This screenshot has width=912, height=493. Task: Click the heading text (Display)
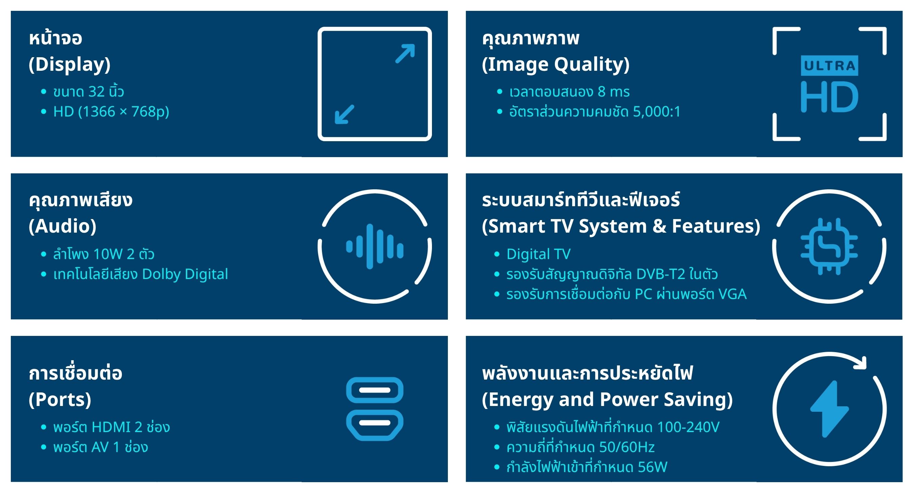point(70,64)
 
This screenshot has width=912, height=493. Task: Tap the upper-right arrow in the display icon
point(405,53)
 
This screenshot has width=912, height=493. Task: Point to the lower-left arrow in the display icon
point(345,114)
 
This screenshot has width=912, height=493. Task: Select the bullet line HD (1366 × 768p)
point(111,111)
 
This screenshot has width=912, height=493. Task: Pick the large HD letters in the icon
point(829,97)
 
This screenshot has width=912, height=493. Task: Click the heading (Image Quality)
point(556,64)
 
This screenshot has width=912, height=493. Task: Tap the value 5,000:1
point(657,111)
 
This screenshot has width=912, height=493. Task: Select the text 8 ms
point(614,92)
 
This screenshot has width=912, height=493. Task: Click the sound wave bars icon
point(374,246)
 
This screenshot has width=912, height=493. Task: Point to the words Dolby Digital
point(185,274)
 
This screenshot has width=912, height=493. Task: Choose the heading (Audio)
point(63,226)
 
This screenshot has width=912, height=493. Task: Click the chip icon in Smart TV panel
point(829,246)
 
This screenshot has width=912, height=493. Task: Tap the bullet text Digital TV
point(539,254)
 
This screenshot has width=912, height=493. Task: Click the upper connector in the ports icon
point(374,390)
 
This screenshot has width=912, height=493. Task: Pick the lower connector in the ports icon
point(374,425)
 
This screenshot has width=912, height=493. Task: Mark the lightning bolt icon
point(829,409)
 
